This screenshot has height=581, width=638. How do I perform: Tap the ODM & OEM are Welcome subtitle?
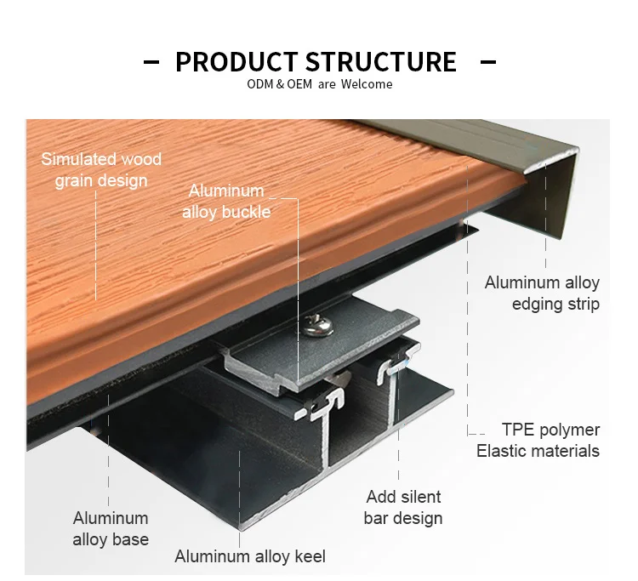pos(319,84)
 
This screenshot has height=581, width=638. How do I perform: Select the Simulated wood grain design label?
pos(101,169)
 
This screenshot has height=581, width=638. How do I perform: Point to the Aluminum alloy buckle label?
pos(226,201)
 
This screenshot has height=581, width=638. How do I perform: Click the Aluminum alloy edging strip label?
pos(542,293)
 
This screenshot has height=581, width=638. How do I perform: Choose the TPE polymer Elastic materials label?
pos(538,440)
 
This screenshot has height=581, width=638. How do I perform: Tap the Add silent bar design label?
pos(403,507)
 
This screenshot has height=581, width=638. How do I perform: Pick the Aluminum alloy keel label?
pos(250,557)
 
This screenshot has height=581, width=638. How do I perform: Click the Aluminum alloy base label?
pos(111,528)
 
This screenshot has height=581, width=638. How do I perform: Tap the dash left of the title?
pos(151,62)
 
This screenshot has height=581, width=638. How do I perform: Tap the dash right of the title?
pos(488,62)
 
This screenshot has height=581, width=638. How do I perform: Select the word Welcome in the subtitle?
pos(367,84)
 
